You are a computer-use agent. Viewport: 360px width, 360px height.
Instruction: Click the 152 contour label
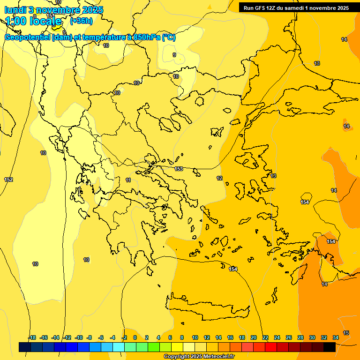8,180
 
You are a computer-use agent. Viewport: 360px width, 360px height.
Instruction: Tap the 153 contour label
178,169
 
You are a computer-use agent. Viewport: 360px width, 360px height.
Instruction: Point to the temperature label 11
128,180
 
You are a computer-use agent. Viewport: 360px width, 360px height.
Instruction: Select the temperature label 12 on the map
219,178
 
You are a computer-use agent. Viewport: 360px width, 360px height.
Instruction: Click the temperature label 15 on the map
346,333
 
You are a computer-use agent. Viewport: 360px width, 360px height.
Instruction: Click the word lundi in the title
15,10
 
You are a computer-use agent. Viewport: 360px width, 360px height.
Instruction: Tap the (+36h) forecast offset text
81,21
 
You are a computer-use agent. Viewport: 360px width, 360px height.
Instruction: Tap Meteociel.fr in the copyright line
215,357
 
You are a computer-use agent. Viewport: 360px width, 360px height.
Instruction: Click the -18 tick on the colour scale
31,337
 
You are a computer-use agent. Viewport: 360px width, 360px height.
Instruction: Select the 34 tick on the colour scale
336,337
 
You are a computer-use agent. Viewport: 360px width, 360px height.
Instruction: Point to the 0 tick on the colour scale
135,337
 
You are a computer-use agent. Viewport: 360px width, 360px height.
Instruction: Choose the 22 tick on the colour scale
265,337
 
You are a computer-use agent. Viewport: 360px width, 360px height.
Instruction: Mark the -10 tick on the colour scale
78,337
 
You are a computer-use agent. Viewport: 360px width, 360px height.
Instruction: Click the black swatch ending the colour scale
330,347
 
